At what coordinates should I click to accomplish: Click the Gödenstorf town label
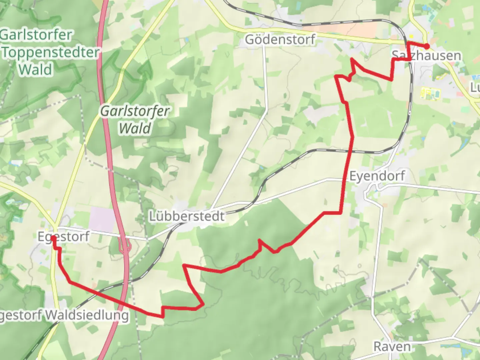coord(280,39)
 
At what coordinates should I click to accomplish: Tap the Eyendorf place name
coord(377,176)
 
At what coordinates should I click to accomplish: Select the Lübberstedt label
coord(187,216)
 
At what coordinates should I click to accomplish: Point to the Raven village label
coord(392,346)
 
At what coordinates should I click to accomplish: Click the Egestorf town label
coord(63,236)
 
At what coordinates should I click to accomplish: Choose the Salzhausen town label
coord(426,55)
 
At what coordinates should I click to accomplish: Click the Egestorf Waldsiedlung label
coord(63,315)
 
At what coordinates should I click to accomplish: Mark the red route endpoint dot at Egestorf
coord(53,238)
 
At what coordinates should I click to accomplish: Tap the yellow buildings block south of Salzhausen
coord(430,93)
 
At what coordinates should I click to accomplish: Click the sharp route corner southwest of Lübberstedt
coord(184,266)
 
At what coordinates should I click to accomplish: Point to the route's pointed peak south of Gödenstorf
coord(352,59)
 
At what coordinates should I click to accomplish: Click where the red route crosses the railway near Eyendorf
coord(350,151)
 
